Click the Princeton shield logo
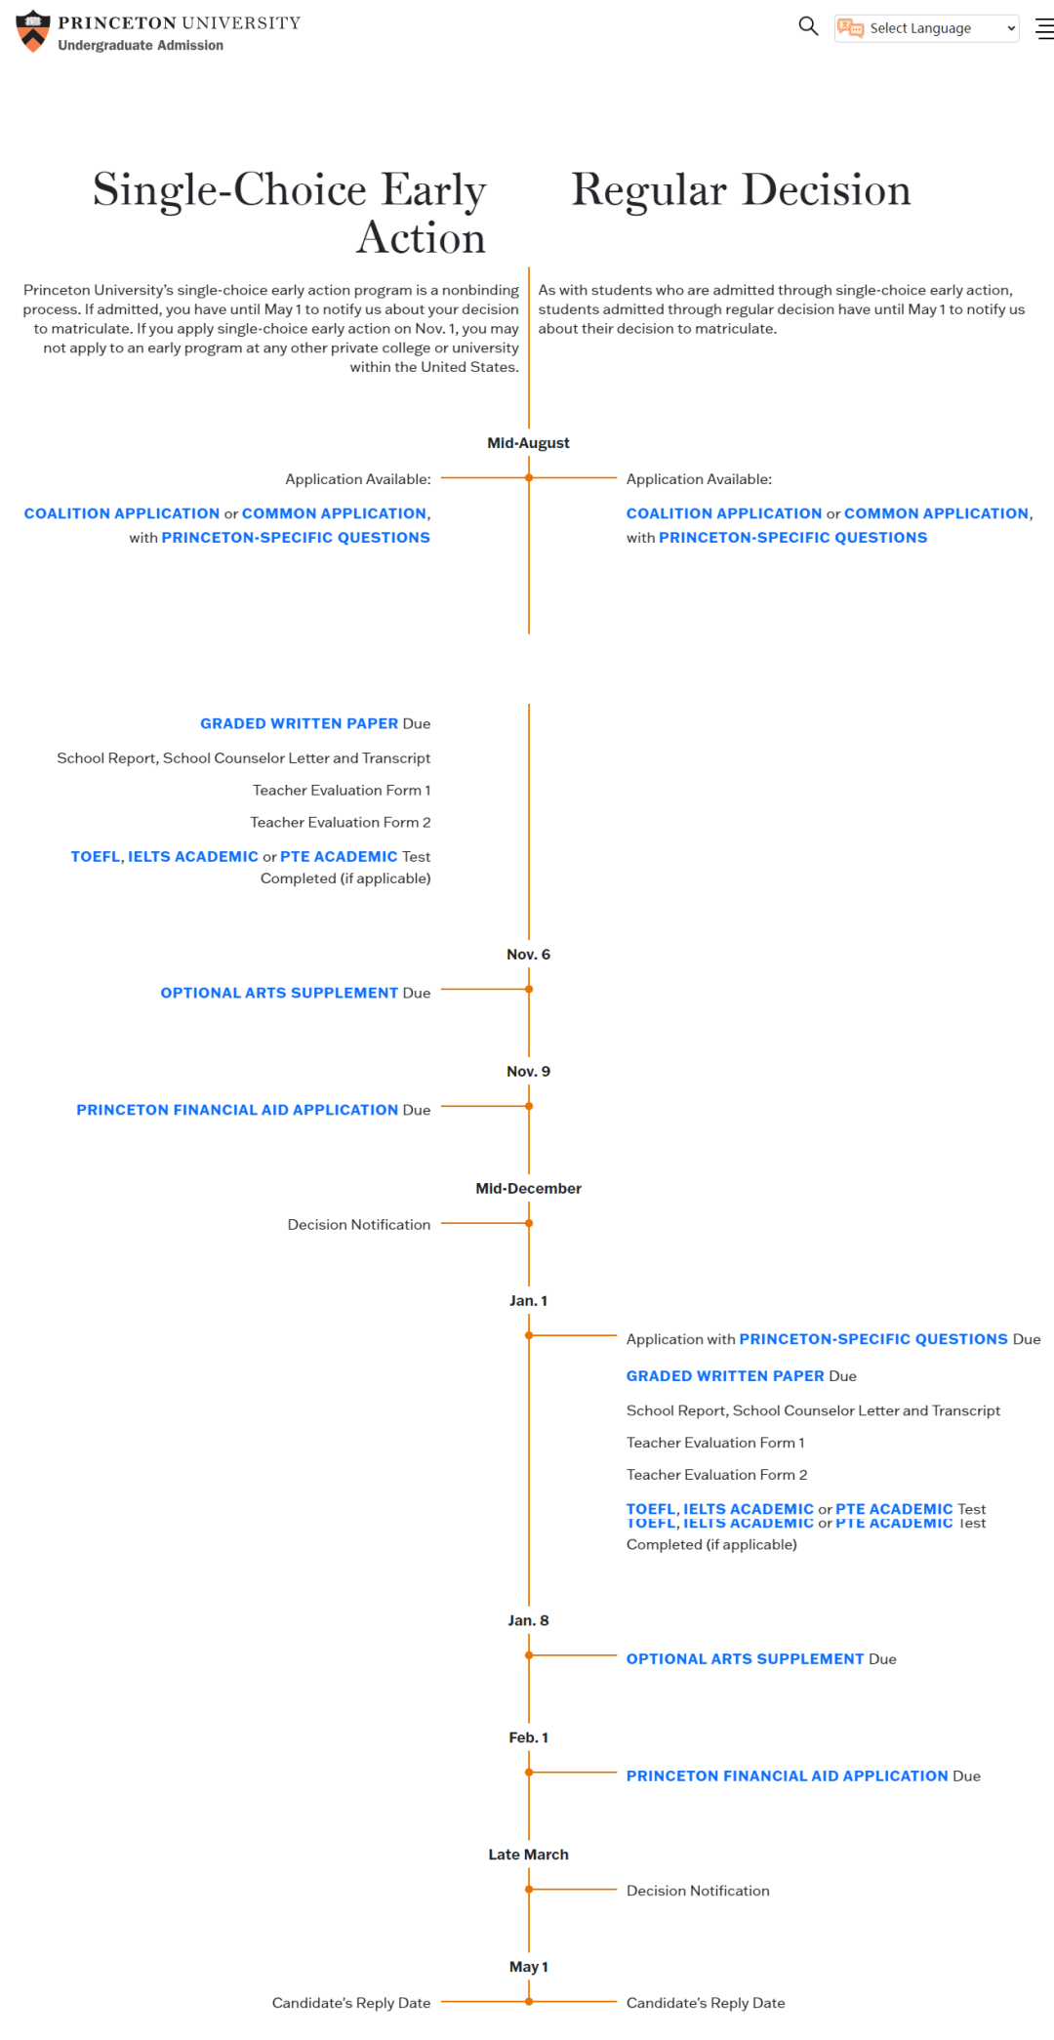point(33,31)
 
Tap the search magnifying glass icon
point(808,26)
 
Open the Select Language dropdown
point(926,28)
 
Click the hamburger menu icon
point(1044,29)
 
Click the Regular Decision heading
point(741,189)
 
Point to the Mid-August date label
point(528,443)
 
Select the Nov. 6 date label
point(528,955)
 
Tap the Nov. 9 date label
point(528,1072)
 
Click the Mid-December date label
point(528,1189)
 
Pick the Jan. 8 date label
point(528,1620)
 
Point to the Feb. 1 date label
point(528,1737)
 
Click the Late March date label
point(528,1855)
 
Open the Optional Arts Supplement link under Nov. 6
point(279,993)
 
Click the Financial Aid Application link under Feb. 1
point(788,1775)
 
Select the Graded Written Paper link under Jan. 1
point(725,1375)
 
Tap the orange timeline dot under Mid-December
point(529,1223)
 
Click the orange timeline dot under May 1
point(529,2002)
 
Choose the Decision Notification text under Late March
point(698,1891)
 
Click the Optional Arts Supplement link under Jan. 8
point(746,1658)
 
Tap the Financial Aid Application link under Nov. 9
point(237,1110)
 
